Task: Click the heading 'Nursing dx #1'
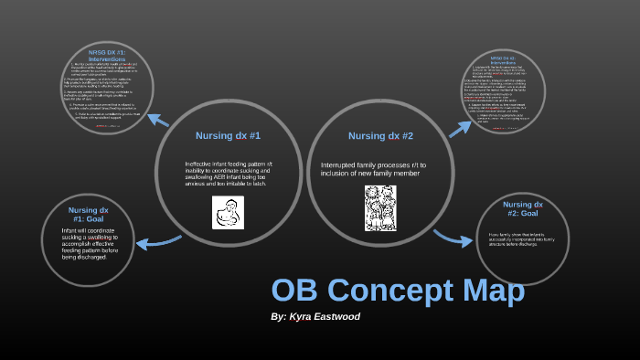(228, 135)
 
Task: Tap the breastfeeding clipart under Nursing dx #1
(228, 212)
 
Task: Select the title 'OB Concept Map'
(398, 291)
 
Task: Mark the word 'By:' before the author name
(279, 316)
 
